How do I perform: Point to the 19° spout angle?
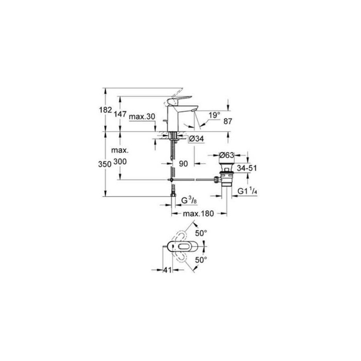(x=215, y=115)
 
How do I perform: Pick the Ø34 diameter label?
(x=197, y=139)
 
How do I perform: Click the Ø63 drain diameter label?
(x=227, y=154)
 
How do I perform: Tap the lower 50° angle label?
(x=201, y=260)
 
